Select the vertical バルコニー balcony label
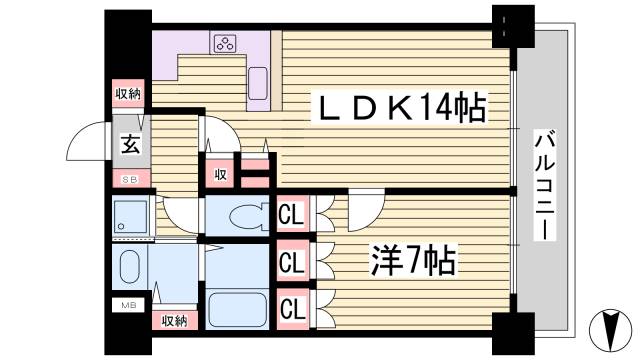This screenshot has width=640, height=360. [x=544, y=184]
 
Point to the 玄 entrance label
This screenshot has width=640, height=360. [x=131, y=143]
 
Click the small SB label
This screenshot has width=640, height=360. [x=130, y=179]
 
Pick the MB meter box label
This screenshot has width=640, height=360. [x=129, y=305]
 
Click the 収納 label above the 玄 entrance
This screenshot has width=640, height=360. [x=128, y=94]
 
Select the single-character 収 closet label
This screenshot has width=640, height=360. [x=219, y=173]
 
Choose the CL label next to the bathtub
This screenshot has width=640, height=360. [x=292, y=306]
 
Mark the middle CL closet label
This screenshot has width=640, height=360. [x=292, y=262]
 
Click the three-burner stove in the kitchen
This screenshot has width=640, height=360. [x=224, y=43]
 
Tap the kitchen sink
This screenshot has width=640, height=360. [x=258, y=80]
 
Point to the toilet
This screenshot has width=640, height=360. [x=239, y=214]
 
